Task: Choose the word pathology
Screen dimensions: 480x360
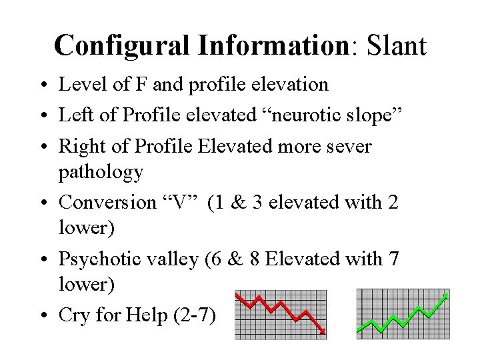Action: click(101, 173)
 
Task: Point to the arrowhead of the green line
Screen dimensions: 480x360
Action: click(445, 295)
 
